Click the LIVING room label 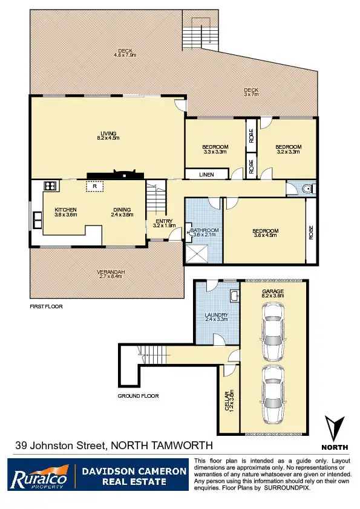click(108, 134)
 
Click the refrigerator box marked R click(94, 187)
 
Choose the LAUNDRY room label click(216, 315)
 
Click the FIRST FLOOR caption click(47, 306)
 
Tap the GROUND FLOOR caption click(138, 396)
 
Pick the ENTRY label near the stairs click(165, 221)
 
